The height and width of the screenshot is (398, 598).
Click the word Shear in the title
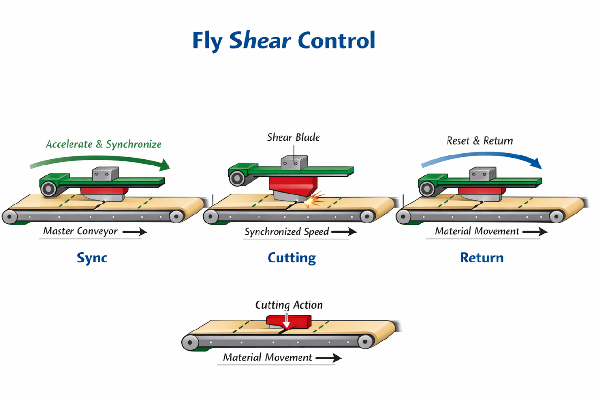click(260, 41)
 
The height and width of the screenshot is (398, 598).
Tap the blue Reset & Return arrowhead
click(536, 163)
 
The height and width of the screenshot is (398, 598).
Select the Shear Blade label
click(293, 137)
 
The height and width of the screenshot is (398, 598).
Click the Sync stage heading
click(92, 258)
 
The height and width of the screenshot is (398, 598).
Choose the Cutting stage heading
click(291, 258)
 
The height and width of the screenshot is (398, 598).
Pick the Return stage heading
click(481, 258)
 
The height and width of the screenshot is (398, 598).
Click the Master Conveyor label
click(80, 232)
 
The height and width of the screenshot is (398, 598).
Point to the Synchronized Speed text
click(287, 232)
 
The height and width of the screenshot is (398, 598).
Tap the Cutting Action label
click(289, 305)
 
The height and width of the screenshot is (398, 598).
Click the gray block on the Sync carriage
click(105, 174)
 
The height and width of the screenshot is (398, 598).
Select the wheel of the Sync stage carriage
click(48, 189)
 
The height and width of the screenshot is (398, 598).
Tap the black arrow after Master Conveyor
click(135, 232)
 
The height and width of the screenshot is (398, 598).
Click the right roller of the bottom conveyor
click(366, 341)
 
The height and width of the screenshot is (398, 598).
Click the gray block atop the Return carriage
click(482, 174)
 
